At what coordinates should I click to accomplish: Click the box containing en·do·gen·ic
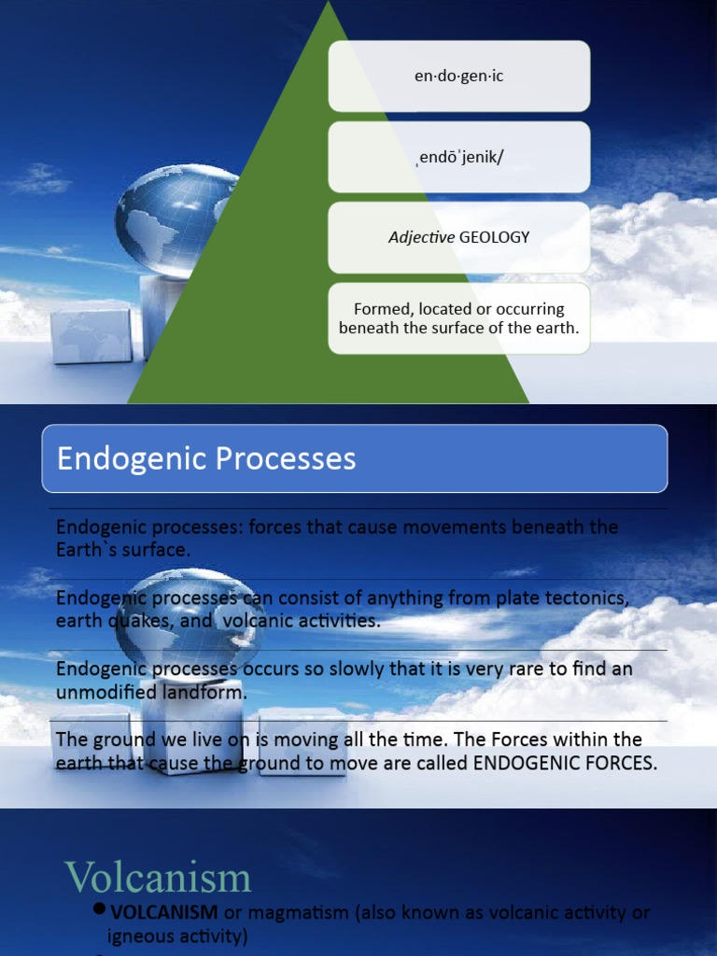(458, 77)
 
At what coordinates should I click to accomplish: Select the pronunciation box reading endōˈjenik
(458, 157)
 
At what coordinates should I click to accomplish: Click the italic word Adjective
(421, 237)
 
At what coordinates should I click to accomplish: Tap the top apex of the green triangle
(329, 4)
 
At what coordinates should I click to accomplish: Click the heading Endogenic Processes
(206, 458)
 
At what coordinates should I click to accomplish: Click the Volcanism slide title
(158, 878)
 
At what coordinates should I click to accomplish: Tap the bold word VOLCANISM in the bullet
(164, 911)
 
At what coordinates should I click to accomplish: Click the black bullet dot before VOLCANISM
(99, 909)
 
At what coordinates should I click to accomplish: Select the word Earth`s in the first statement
(82, 550)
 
